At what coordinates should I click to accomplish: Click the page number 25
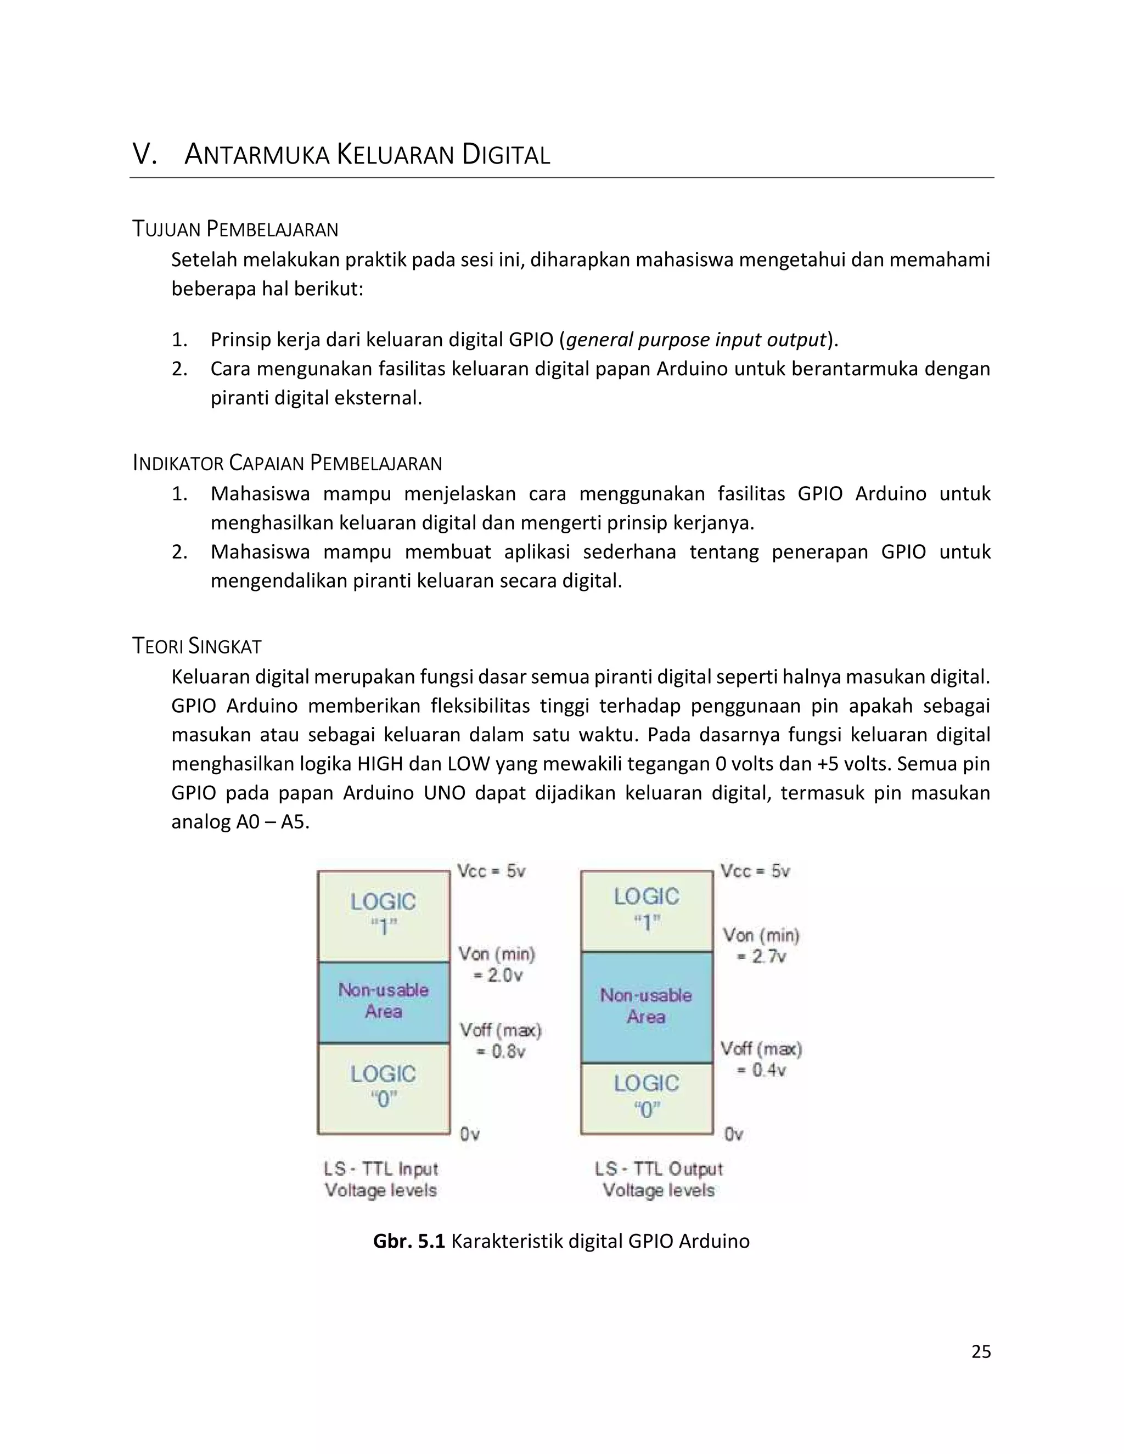tap(981, 1351)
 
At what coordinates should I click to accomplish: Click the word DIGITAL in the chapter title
tap(506, 155)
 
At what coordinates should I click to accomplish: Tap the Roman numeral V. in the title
tap(144, 155)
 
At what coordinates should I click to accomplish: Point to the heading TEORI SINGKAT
tap(196, 646)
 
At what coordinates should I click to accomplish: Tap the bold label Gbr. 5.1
tap(408, 1241)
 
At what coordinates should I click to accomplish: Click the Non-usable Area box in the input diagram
tap(384, 1001)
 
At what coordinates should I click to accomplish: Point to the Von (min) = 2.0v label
tap(497, 965)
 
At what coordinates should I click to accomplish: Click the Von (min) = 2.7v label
tap(761, 945)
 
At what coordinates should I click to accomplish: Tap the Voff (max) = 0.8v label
tap(500, 1040)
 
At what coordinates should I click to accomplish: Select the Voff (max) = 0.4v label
tap(761, 1059)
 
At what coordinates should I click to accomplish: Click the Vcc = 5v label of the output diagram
tap(755, 871)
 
